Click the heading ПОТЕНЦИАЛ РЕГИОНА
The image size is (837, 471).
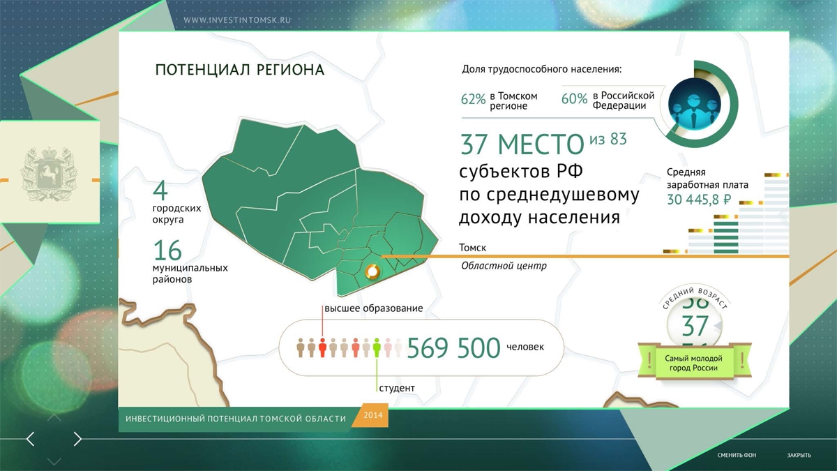(x=239, y=70)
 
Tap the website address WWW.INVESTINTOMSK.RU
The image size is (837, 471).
(x=237, y=20)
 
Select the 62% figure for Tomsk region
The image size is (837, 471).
(x=473, y=99)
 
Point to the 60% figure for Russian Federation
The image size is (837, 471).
(x=574, y=98)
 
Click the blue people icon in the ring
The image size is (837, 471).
(x=694, y=103)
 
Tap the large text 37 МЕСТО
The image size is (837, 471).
(x=522, y=144)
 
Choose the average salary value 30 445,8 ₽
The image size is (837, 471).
(x=698, y=200)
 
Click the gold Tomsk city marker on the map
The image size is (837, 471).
(x=372, y=271)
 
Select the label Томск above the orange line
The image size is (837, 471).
(x=473, y=248)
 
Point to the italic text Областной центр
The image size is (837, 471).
(x=504, y=266)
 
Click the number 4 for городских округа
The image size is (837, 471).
(x=160, y=190)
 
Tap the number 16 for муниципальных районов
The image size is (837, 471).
(x=167, y=251)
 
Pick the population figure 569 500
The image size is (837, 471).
(x=453, y=347)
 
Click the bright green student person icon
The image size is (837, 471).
(x=377, y=347)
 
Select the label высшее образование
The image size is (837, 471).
(x=374, y=308)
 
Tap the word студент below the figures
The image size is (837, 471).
(x=397, y=388)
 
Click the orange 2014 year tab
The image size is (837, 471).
(x=372, y=415)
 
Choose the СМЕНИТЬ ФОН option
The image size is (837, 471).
(x=737, y=455)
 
